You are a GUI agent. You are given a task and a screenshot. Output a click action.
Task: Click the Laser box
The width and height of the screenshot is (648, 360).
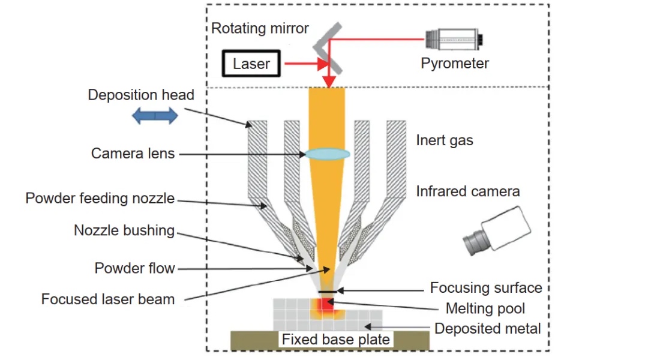(251, 64)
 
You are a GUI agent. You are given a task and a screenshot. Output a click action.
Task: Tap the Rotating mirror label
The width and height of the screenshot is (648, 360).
(260, 28)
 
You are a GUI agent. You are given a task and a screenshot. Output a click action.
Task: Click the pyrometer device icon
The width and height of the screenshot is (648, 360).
(454, 40)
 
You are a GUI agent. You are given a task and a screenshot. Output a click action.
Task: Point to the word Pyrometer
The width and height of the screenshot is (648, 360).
(454, 63)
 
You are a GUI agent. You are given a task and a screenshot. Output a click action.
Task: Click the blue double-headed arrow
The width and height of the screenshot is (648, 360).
(155, 116)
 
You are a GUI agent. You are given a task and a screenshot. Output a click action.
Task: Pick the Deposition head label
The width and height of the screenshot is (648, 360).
(141, 95)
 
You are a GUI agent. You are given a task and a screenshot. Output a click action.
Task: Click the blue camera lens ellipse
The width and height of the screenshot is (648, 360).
(327, 154)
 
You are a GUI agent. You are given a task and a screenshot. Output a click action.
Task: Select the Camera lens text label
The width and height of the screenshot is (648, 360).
(133, 154)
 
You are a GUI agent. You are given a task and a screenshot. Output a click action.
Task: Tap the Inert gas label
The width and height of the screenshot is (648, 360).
(445, 141)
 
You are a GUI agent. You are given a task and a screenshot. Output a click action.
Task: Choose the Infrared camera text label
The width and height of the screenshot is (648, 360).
(468, 191)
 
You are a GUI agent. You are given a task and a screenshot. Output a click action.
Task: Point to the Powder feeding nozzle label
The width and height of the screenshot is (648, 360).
(100, 198)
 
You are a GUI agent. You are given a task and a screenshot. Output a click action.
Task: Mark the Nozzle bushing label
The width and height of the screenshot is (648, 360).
(124, 230)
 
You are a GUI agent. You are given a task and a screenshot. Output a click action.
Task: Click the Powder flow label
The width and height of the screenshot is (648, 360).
(134, 268)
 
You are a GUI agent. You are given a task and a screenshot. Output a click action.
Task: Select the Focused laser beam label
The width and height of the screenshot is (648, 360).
(108, 299)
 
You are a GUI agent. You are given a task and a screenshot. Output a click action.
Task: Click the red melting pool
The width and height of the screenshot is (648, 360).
(325, 306)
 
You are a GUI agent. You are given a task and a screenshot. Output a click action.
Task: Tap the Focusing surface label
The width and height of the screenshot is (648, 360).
(486, 288)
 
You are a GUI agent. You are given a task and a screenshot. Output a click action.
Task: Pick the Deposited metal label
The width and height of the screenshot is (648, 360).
(488, 328)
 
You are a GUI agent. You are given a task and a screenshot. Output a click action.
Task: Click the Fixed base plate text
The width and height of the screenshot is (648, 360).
(336, 340)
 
